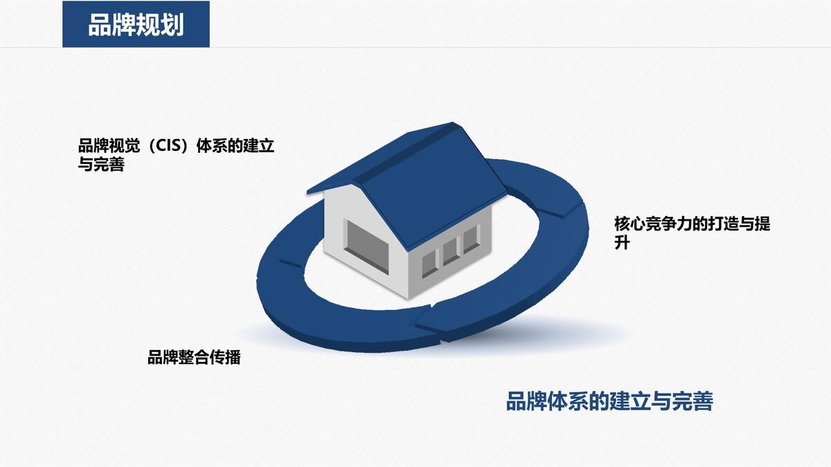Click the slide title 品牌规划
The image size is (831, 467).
tap(136, 26)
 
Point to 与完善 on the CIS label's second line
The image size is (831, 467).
tap(101, 165)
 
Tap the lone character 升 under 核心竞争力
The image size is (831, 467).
tap(622, 243)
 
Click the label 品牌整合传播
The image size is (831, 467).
tap(194, 358)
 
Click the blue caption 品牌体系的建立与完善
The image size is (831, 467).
tap(609, 401)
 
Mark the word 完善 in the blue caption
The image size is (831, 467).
tap(692, 401)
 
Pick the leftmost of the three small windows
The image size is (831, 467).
tap(429, 260)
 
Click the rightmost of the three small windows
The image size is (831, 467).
tap(471, 240)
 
